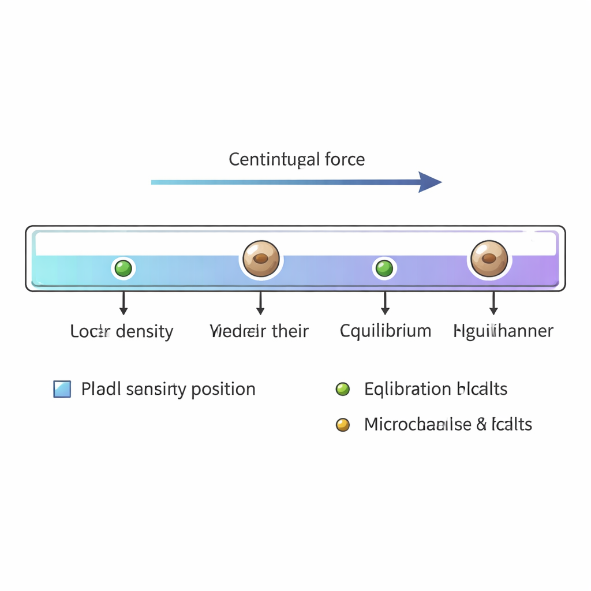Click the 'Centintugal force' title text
click(x=297, y=159)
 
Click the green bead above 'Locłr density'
click(x=123, y=268)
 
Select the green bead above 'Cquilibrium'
click(x=384, y=268)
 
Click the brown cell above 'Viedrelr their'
click(x=261, y=258)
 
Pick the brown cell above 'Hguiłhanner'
click(x=489, y=258)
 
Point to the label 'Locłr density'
click(x=122, y=331)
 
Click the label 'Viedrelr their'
click(x=259, y=331)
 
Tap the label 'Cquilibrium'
click(x=386, y=331)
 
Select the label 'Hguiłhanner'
click(x=503, y=331)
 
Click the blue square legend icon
click(x=62, y=389)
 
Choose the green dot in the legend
click(x=343, y=389)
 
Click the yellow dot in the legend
click(x=343, y=425)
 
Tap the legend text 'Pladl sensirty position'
click(x=168, y=389)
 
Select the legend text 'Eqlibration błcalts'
click(x=436, y=389)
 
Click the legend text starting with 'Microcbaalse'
click(x=448, y=425)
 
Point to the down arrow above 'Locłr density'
click(x=123, y=304)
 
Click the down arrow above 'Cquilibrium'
click(x=386, y=304)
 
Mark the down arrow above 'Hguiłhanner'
click(x=493, y=304)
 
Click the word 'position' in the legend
click(x=223, y=390)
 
